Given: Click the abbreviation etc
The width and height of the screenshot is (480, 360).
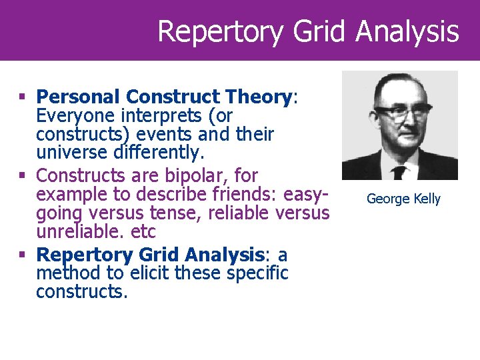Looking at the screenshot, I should pos(143,233).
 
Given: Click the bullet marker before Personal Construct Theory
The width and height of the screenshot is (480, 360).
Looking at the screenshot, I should pos(24,97).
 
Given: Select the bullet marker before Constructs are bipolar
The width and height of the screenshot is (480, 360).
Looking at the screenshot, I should pos(24,175).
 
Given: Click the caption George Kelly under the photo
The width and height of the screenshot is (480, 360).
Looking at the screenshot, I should pos(403,199).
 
